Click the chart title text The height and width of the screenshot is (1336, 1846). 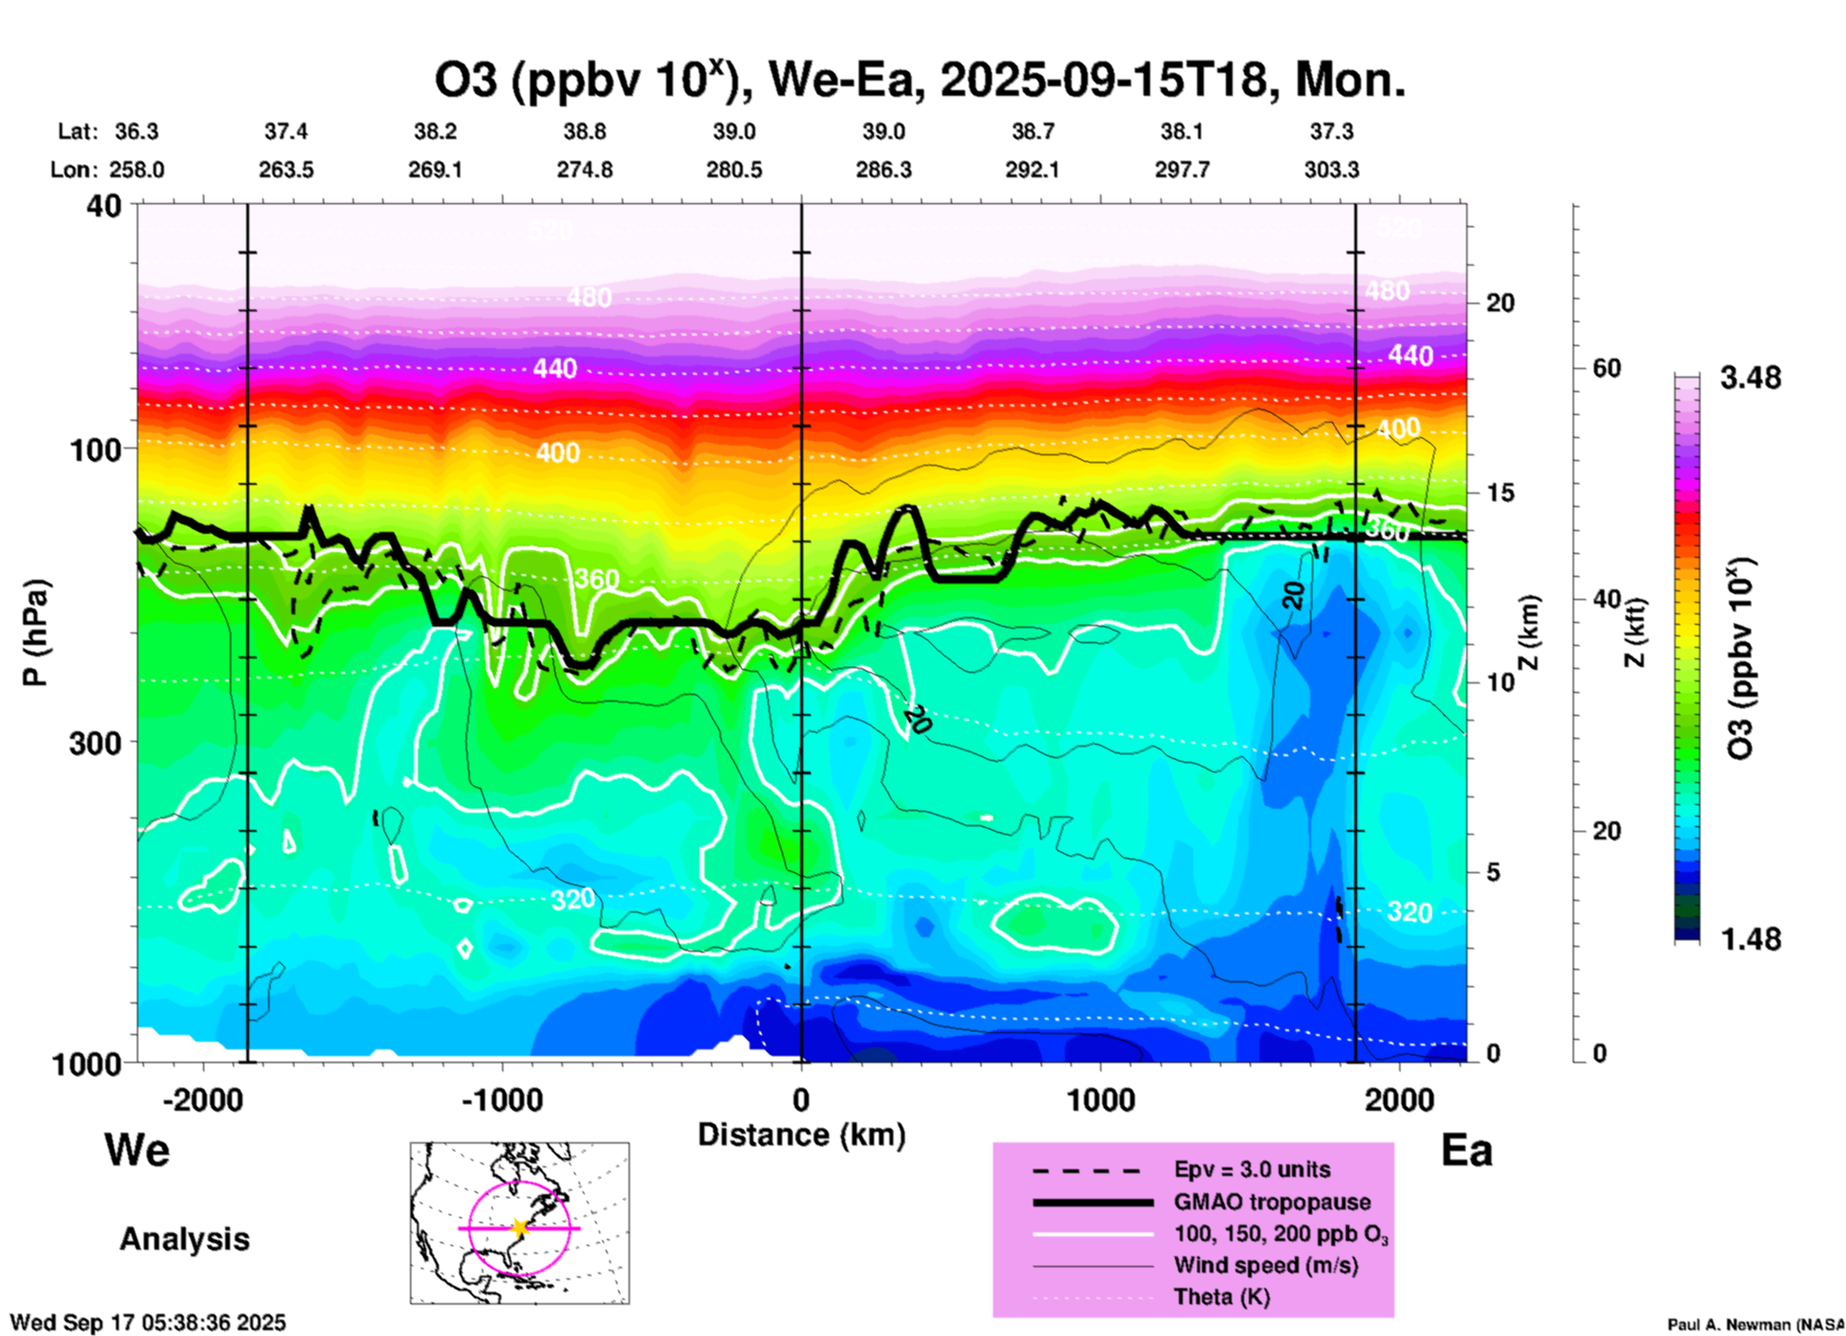click(x=920, y=81)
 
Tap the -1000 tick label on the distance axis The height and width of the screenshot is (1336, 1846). click(x=501, y=1099)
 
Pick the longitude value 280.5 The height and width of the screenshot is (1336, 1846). click(x=734, y=171)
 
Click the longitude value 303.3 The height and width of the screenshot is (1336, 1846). click(x=1331, y=171)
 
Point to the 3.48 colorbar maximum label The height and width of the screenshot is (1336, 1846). click(x=1750, y=379)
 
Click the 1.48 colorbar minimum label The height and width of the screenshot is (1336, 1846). click(x=1750, y=939)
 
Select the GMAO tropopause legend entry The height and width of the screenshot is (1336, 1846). click(x=1272, y=1202)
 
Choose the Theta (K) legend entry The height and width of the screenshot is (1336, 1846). click(x=1221, y=1298)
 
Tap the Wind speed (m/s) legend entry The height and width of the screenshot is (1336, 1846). click(x=1265, y=1266)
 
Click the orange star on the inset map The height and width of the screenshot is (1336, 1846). click(x=519, y=1228)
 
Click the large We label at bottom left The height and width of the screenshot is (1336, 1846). click(x=137, y=1149)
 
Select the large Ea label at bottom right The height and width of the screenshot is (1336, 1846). click(x=1466, y=1151)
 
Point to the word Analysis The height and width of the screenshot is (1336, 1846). click(x=184, y=1239)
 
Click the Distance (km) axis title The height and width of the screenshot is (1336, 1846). click(x=801, y=1135)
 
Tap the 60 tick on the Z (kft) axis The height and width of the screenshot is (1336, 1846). click(x=1606, y=368)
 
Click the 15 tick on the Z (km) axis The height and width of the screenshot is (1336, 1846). click(x=1500, y=493)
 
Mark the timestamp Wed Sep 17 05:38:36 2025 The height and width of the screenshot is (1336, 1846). click(x=148, y=1323)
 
